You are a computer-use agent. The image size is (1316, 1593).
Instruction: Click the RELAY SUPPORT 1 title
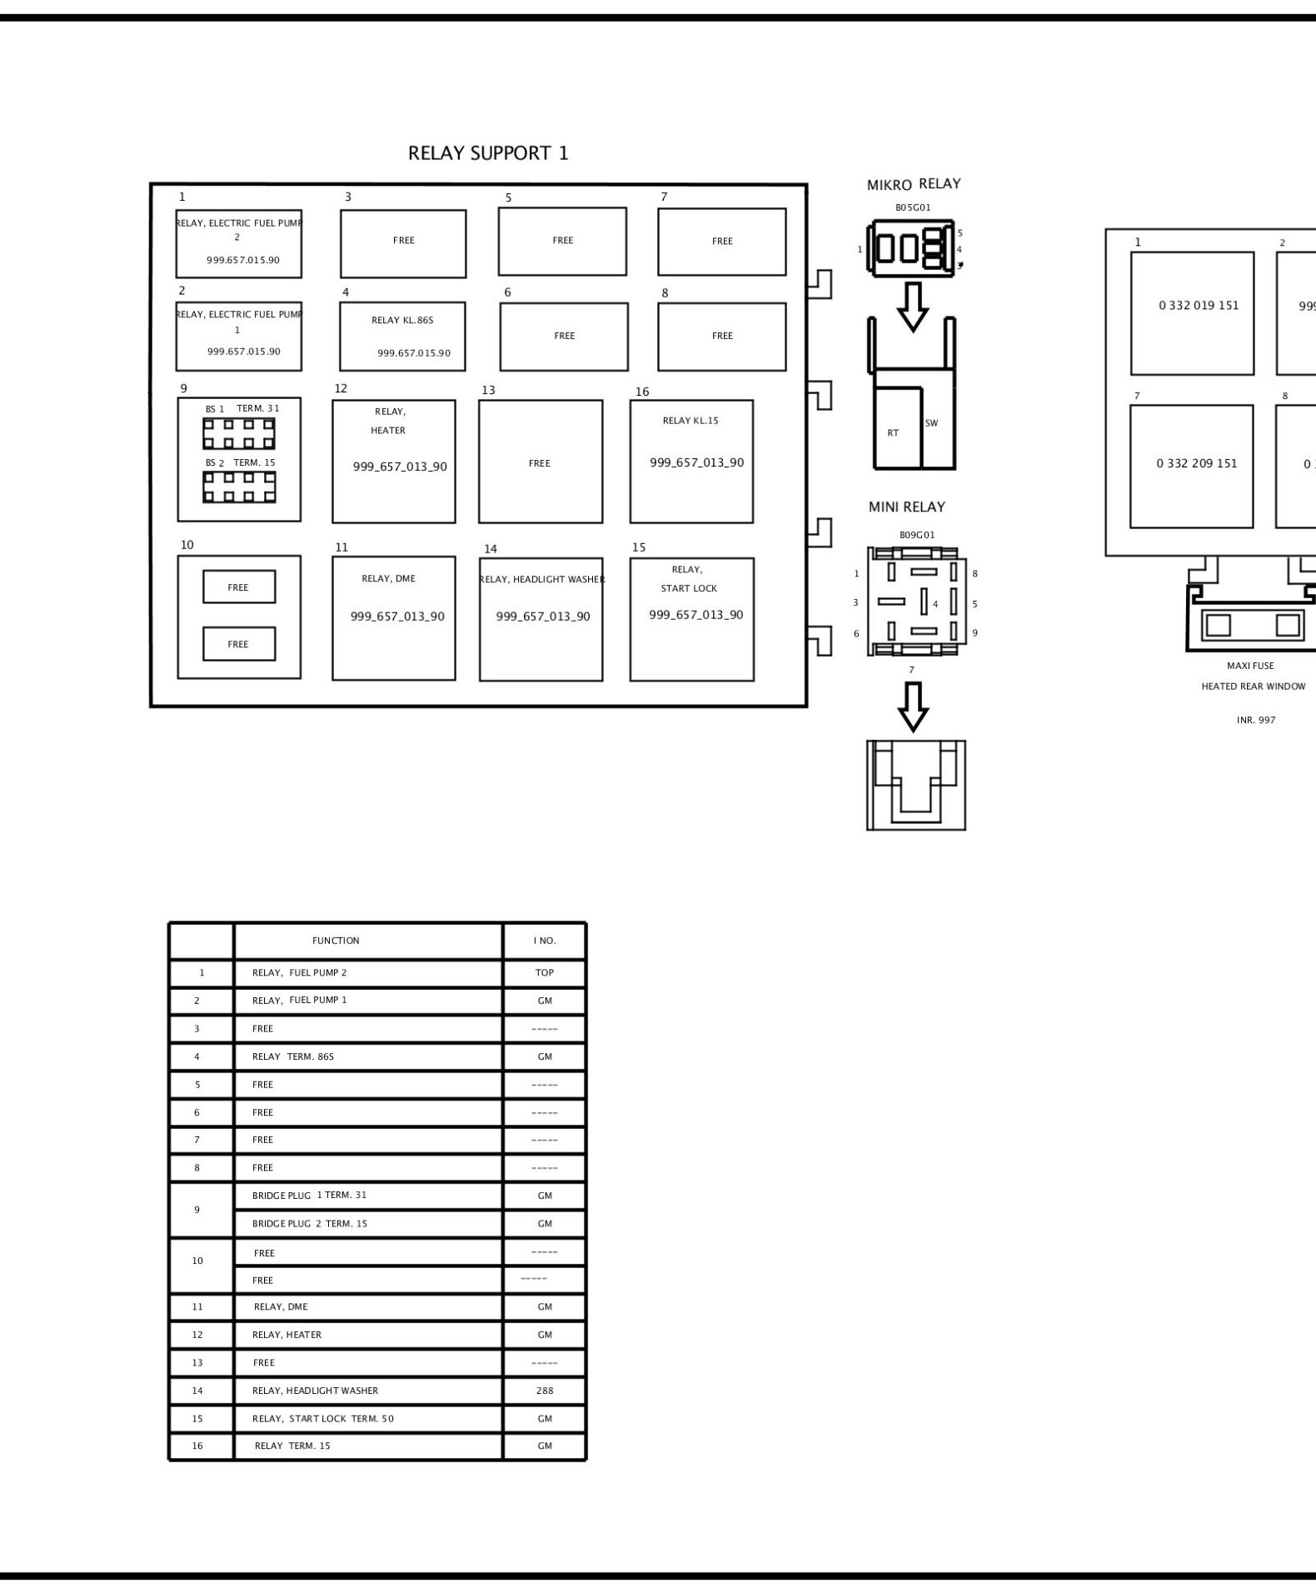coord(488,153)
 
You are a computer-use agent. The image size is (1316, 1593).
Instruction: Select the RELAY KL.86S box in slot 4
coord(402,336)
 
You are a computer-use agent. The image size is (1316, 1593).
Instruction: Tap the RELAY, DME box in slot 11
coord(394,618)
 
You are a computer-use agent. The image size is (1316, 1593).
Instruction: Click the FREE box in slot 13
coord(541,462)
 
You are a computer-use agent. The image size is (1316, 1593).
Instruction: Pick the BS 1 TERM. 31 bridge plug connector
coord(239,433)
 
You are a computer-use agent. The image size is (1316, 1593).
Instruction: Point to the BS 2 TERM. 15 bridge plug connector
coord(239,487)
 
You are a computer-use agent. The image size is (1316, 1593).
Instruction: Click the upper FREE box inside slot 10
coord(239,587)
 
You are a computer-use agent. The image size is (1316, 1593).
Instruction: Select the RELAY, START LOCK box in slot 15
coord(692,619)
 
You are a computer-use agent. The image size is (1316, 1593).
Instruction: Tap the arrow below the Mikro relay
coord(914,307)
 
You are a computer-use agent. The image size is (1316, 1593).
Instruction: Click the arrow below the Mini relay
coord(914,707)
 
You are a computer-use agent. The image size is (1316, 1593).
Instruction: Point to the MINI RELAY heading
coord(907,507)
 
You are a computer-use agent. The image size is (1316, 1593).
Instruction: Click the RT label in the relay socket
coord(893,433)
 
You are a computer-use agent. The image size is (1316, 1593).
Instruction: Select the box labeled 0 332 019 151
coord(1192,313)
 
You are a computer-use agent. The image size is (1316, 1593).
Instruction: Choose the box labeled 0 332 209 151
coord(1191,467)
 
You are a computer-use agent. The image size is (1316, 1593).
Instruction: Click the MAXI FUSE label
coord(1250,666)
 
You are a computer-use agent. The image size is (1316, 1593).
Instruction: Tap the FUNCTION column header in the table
coord(336,941)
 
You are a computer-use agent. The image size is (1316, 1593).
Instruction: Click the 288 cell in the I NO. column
coord(545,1391)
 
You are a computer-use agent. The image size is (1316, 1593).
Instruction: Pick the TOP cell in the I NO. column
coord(545,972)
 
